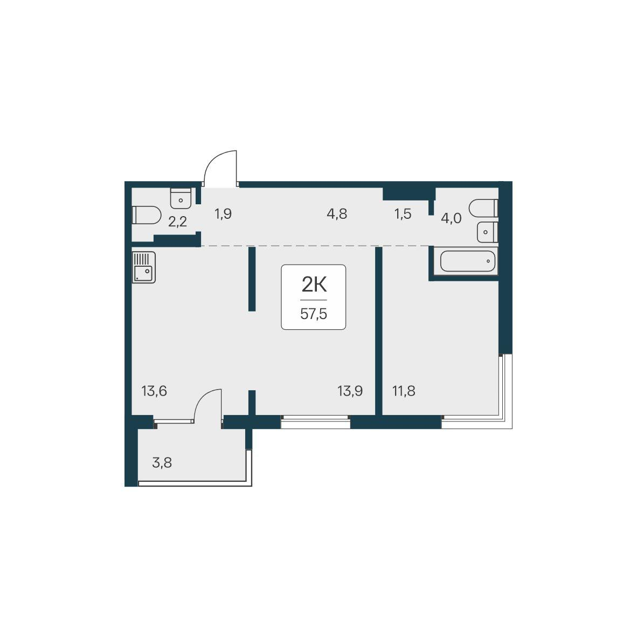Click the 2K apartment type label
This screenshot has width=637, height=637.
[x=314, y=285]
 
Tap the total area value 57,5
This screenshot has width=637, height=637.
[x=314, y=314]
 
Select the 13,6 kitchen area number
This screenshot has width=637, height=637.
[x=154, y=391]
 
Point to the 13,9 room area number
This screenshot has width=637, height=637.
[x=350, y=391]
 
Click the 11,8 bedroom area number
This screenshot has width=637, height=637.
[x=404, y=391]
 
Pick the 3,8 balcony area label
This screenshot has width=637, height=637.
[x=162, y=462]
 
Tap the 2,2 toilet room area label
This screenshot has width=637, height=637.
[x=177, y=221]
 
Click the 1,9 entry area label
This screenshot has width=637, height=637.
[x=223, y=213]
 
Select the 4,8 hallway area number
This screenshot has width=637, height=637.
[x=337, y=213]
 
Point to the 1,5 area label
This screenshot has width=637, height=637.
[x=403, y=213]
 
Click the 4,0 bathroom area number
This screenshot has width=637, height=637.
[x=451, y=218]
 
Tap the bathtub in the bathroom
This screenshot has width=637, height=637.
[x=468, y=261]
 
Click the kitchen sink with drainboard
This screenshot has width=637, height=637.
[x=144, y=267]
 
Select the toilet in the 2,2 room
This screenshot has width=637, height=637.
[x=146, y=215]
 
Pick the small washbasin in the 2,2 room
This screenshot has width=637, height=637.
[x=181, y=197]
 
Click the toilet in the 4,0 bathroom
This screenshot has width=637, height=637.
[x=483, y=208]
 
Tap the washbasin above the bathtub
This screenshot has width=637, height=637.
[x=488, y=232]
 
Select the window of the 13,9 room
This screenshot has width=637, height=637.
[x=315, y=421]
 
